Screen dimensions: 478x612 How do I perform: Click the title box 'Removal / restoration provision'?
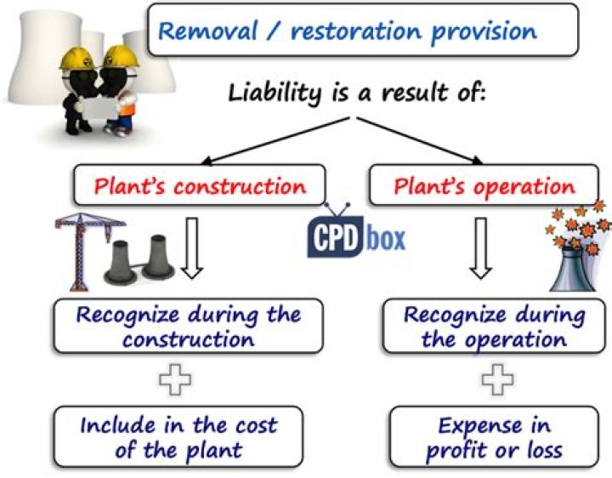coord(348,33)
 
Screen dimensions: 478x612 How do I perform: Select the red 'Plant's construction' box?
coord(199,186)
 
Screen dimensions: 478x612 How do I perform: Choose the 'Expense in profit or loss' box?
coord(494,435)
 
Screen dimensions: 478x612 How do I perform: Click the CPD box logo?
coord(356,230)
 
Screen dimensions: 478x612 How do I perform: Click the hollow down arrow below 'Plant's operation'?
coord(482,247)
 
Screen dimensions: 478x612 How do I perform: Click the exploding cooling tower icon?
coord(578,254)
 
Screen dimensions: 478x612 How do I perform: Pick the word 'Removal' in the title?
coord(204,33)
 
